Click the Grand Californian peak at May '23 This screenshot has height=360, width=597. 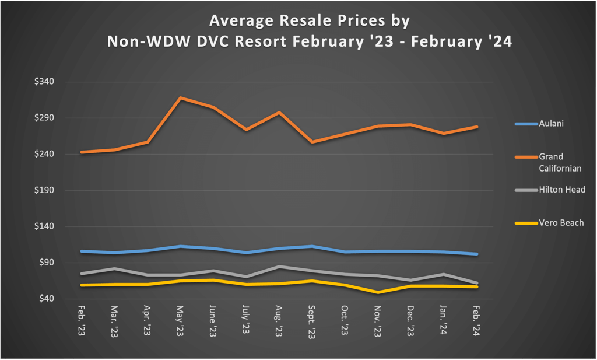(181, 97)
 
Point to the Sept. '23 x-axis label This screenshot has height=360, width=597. (312, 321)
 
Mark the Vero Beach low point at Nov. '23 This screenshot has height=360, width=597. (378, 292)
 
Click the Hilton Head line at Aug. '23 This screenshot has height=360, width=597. (279, 267)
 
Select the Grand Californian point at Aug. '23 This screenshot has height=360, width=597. (279, 112)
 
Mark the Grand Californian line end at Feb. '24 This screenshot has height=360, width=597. (477, 127)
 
